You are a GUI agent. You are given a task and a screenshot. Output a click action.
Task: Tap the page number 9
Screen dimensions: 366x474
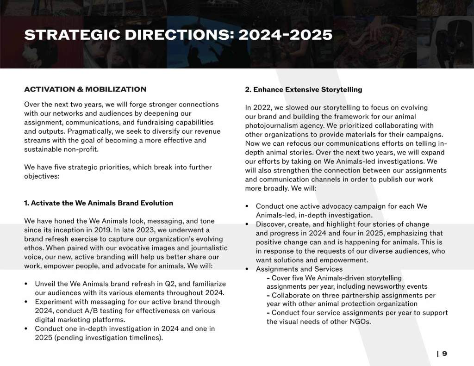pyautogui.click(x=444, y=354)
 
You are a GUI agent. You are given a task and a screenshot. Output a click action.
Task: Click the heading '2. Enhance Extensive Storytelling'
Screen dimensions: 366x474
pyautogui.click(x=304, y=89)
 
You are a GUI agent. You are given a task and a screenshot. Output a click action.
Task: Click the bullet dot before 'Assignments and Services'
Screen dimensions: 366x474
pyautogui.click(x=247, y=269)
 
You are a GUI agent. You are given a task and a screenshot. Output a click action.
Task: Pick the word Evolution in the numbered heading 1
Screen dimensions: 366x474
pyautogui.click(x=157, y=203)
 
